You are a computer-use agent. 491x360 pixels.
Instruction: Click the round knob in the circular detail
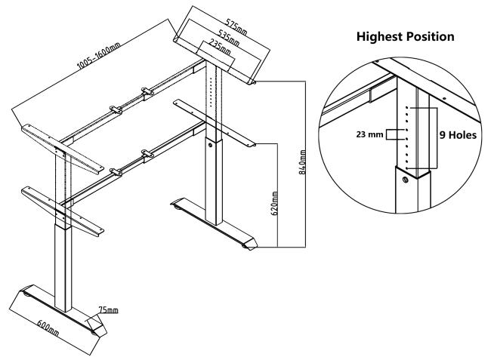405,178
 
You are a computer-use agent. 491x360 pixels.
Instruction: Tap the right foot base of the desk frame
215,228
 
